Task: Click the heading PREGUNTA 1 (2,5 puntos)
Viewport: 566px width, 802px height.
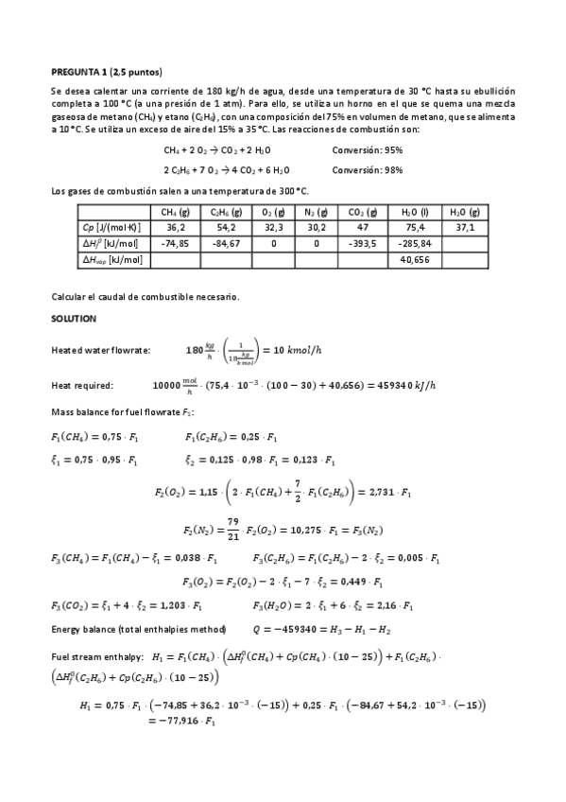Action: click(106, 72)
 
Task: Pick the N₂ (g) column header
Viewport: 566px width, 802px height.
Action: click(317, 213)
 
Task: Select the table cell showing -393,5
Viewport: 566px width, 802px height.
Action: click(362, 243)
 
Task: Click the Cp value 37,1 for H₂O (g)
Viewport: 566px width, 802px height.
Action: click(465, 228)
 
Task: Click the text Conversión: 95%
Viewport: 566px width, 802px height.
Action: click(368, 150)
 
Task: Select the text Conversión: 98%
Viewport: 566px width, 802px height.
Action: click(368, 169)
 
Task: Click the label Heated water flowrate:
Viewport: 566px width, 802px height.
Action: click(100, 351)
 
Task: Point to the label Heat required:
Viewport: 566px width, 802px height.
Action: click(82, 385)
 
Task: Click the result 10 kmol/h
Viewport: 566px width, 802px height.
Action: click(305, 351)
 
